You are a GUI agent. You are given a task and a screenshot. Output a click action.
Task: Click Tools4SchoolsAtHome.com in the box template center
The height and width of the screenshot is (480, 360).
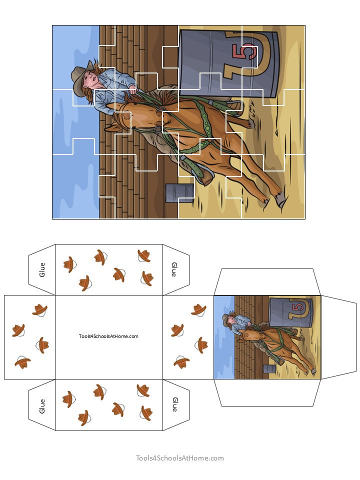[x=108, y=336]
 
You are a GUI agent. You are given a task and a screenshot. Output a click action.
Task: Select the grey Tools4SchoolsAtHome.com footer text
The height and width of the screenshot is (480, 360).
[x=180, y=458]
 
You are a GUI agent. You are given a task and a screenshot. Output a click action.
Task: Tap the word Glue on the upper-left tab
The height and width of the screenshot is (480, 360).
[x=42, y=269]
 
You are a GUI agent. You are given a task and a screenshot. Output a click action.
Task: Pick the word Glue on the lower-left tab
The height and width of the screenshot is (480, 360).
[x=42, y=405]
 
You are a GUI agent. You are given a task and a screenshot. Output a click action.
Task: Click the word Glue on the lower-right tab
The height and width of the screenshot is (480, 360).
[x=174, y=404]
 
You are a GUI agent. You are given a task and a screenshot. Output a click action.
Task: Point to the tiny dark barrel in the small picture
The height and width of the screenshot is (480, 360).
[x=269, y=369]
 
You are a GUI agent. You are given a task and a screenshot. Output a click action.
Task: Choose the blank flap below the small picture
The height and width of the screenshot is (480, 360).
[x=267, y=392]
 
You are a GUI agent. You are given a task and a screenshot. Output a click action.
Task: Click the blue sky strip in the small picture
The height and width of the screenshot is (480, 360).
[x=223, y=350]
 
